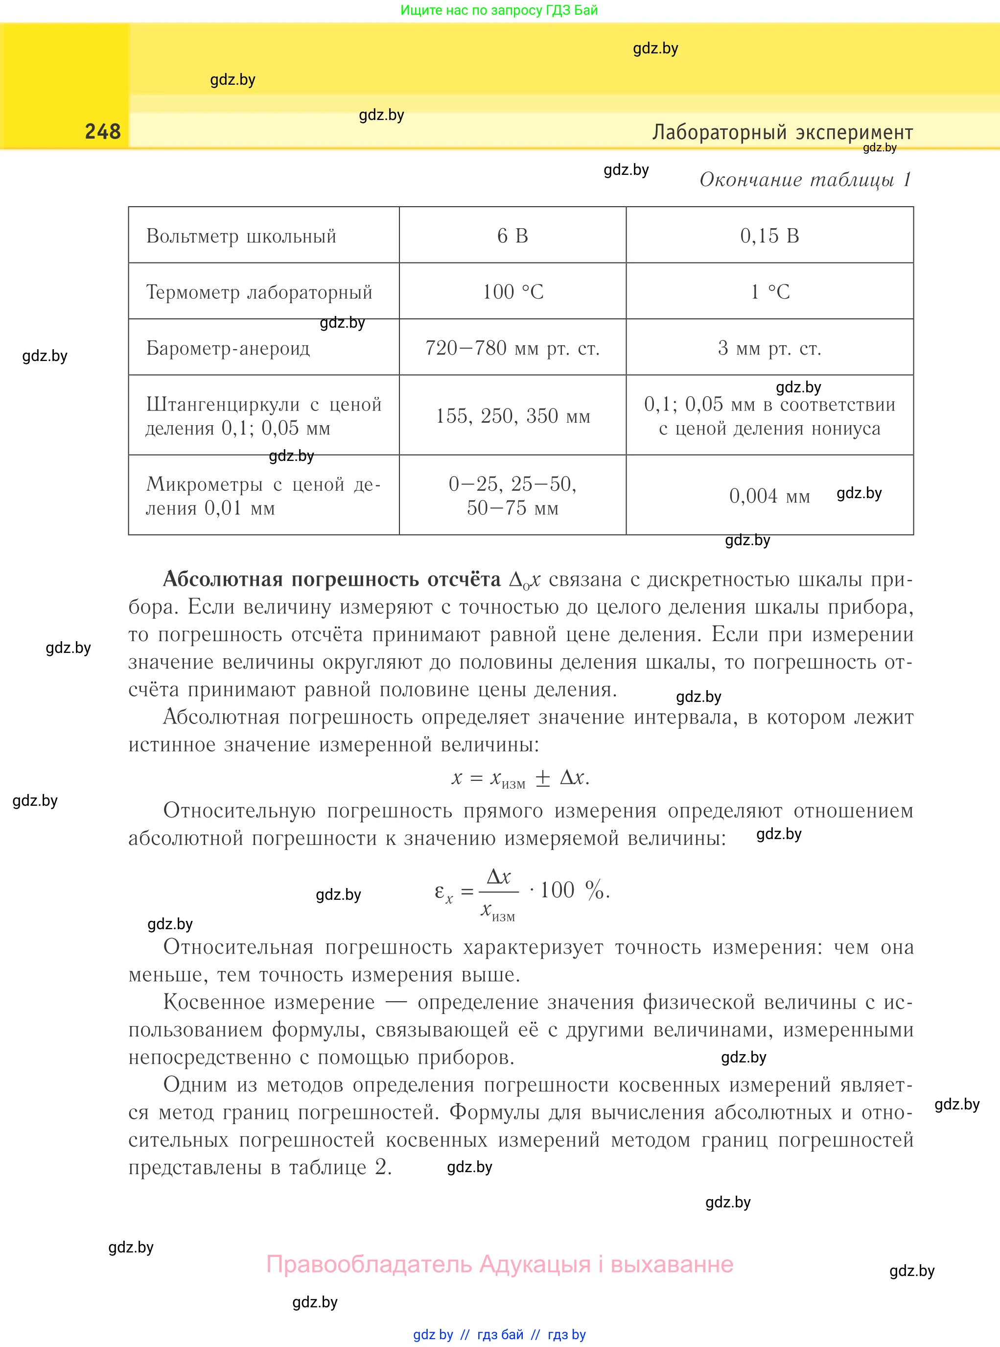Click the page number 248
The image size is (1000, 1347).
coord(103,131)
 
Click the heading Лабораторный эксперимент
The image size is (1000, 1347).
coord(782,132)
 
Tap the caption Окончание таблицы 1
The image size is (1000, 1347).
coord(805,179)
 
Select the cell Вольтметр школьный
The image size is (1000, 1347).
coord(241,236)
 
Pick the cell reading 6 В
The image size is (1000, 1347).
coord(512,236)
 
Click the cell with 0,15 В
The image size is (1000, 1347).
coord(769,236)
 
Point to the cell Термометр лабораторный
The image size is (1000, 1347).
coord(259,292)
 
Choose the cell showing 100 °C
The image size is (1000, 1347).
coord(512,292)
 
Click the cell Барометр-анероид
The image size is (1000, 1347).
coord(228,348)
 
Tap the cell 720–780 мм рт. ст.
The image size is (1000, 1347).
coord(512,348)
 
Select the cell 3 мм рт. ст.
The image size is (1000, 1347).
coord(769,348)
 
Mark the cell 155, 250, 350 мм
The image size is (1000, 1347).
coord(512,416)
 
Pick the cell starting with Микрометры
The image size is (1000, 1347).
coord(263,495)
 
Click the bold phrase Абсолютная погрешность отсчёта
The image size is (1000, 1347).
coord(332,579)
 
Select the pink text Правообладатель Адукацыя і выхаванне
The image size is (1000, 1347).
coord(500,1264)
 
